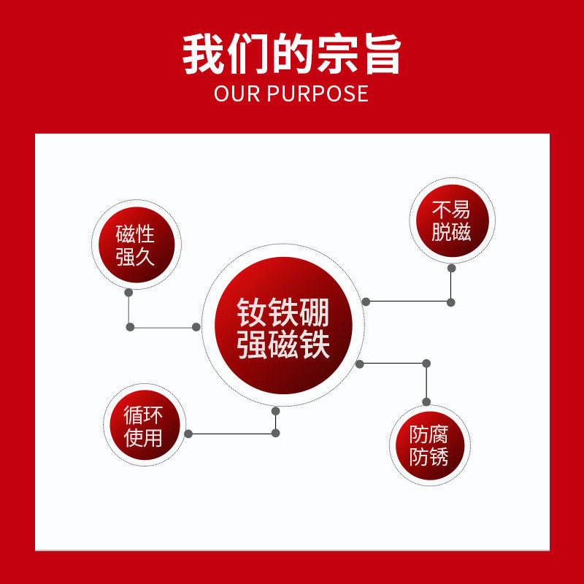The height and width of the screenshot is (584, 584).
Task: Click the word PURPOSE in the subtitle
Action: tap(318, 94)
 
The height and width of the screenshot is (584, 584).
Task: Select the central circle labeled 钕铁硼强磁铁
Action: tap(283, 326)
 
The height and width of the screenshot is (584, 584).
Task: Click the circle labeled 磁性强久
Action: tap(135, 245)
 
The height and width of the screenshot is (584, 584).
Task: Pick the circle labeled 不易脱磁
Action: tap(451, 221)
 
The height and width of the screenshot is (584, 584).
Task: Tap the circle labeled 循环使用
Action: tap(143, 426)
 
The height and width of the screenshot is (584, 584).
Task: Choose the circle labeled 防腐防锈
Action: tap(429, 446)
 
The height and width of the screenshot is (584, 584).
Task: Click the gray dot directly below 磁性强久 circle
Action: tap(129, 293)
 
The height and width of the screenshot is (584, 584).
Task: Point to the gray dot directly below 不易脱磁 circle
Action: tap(451, 268)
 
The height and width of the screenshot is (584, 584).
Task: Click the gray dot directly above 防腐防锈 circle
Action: tap(426, 401)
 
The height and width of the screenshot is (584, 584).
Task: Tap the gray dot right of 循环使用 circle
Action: tap(188, 434)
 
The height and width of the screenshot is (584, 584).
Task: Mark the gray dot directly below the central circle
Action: tap(276, 411)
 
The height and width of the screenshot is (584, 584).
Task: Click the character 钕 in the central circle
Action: tap(252, 312)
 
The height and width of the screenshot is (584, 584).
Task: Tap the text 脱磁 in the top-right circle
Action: tap(451, 233)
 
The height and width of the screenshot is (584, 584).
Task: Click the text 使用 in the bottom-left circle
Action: tap(143, 438)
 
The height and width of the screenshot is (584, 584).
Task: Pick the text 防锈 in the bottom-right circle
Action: tap(429, 458)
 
